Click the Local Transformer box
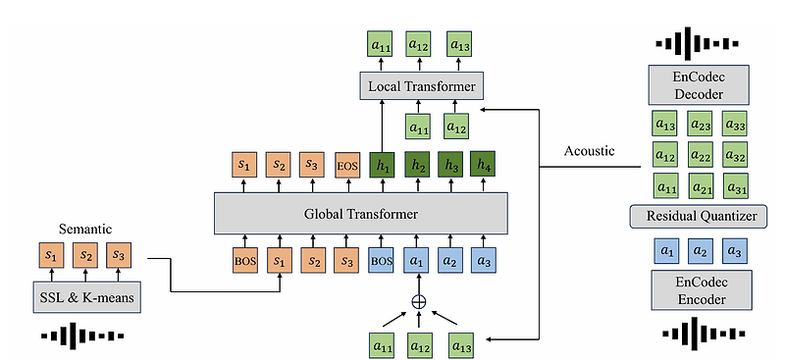click(x=421, y=88)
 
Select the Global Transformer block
click(x=361, y=212)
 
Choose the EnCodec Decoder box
click(x=700, y=86)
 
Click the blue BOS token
click(x=382, y=262)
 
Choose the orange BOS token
click(x=244, y=262)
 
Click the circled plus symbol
click(x=419, y=302)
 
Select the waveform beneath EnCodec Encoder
click(x=700, y=336)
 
